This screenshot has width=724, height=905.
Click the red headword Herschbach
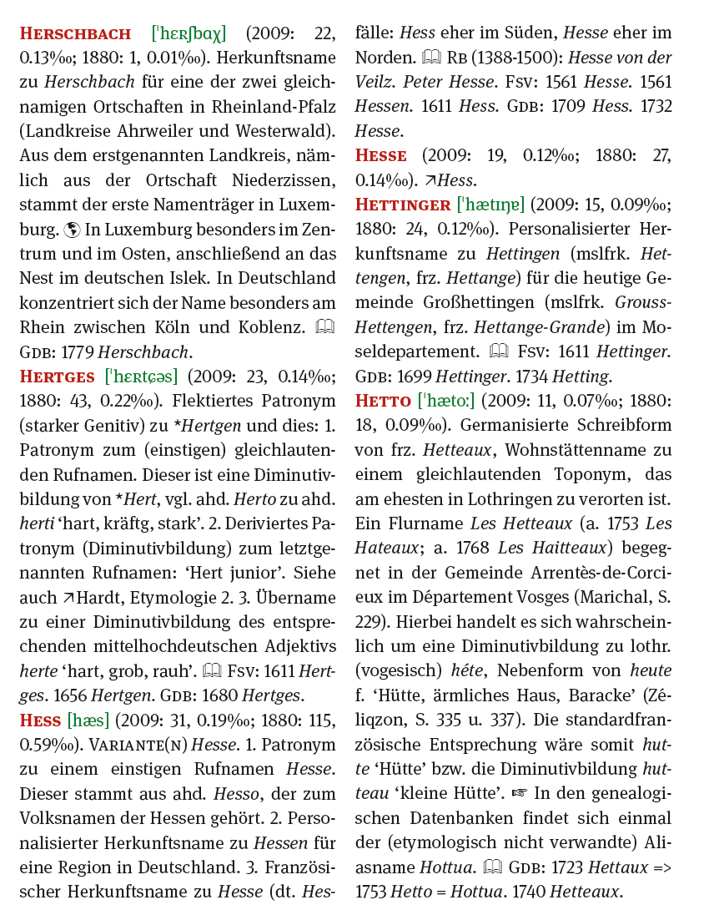[75, 34]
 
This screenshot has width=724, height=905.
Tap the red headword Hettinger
[404, 205]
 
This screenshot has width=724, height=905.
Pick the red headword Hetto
[383, 401]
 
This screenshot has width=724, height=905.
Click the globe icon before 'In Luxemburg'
[71, 230]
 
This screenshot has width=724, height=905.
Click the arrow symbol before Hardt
[68, 597]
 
